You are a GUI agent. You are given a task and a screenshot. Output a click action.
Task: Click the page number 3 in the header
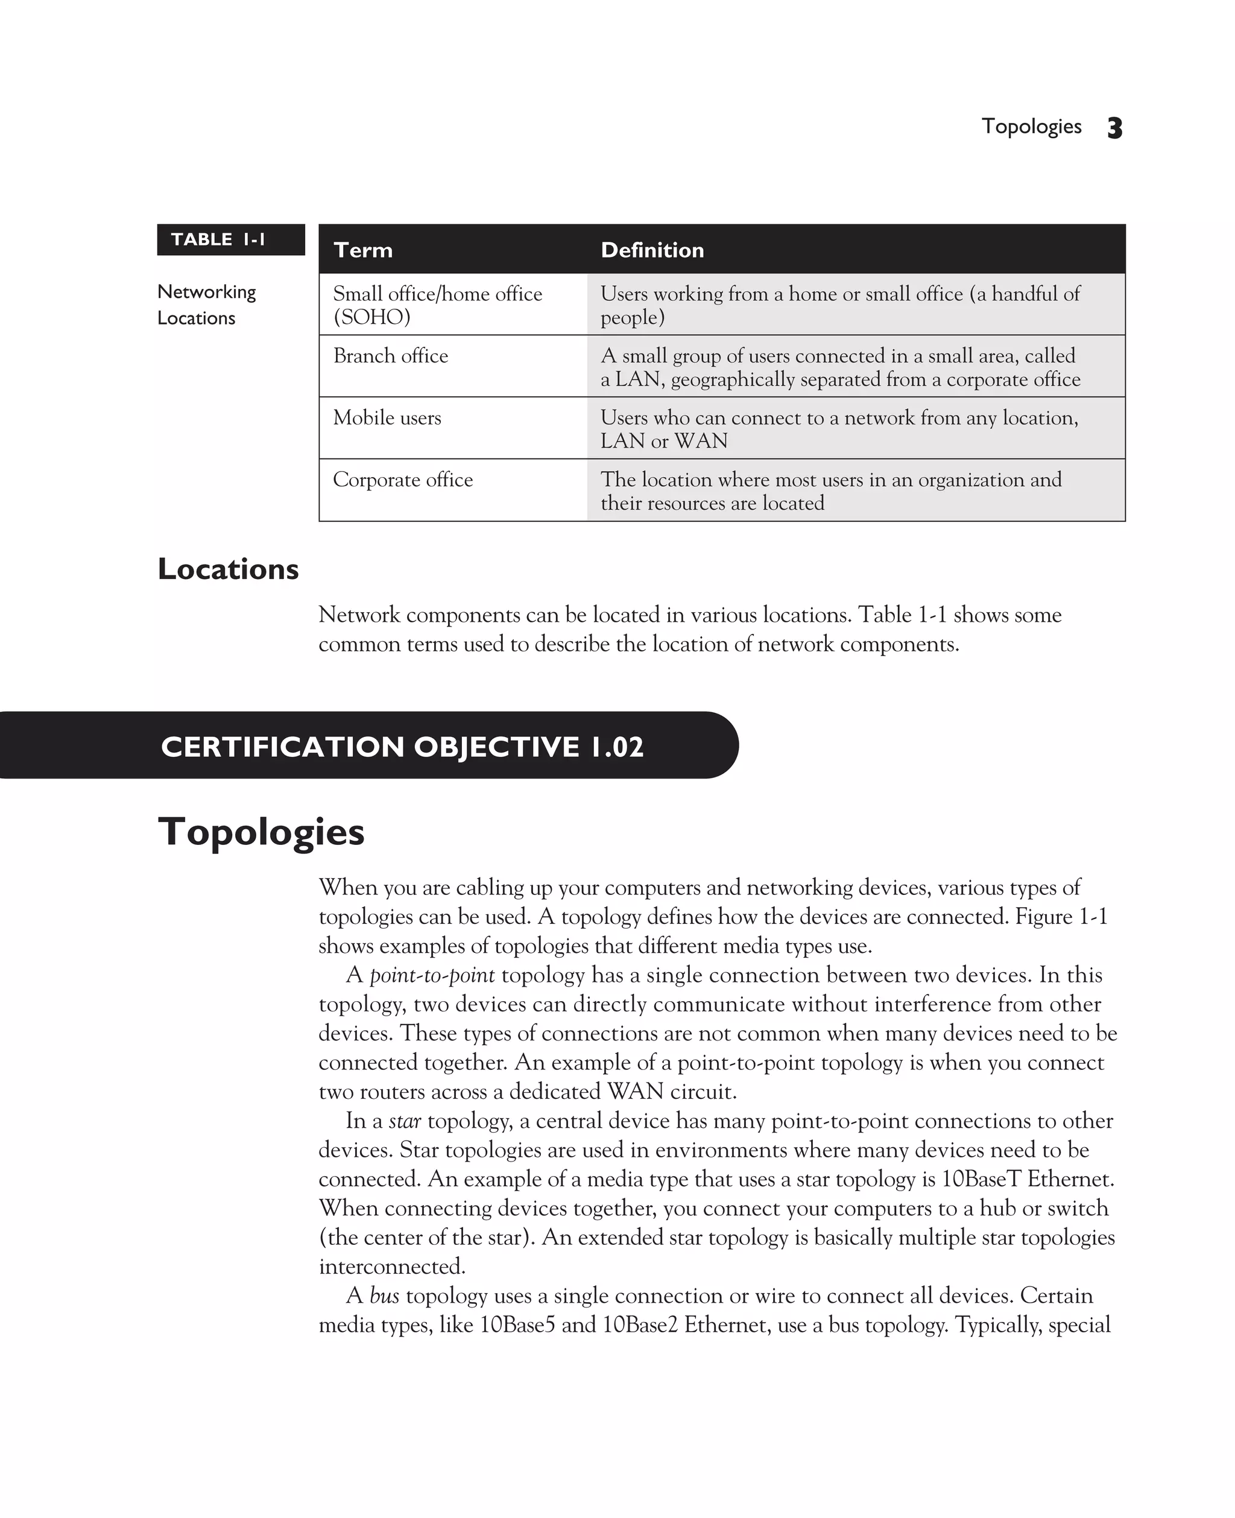(x=1114, y=128)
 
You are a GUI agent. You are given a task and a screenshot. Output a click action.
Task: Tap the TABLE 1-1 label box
(x=230, y=239)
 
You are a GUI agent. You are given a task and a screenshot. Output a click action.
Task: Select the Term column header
(x=363, y=250)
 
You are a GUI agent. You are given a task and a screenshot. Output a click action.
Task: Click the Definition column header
(x=652, y=250)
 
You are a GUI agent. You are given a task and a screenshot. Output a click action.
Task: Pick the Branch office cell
(x=391, y=356)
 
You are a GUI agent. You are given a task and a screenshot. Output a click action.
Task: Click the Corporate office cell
(x=403, y=479)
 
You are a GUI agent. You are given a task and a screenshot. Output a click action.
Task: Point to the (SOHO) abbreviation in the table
(x=371, y=317)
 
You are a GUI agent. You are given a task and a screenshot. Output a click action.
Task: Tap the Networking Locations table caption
(x=206, y=305)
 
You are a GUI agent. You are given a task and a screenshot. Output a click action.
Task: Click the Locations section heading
(x=228, y=569)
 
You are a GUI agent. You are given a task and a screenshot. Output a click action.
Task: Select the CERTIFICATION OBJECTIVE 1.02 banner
(x=402, y=746)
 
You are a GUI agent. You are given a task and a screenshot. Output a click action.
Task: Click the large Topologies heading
(x=261, y=832)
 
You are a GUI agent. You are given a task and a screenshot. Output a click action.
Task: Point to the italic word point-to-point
(x=432, y=975)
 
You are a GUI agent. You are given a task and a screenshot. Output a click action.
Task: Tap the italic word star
(x=405, y=1121)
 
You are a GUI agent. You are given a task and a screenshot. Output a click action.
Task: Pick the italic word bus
(x=384, y=1296)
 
